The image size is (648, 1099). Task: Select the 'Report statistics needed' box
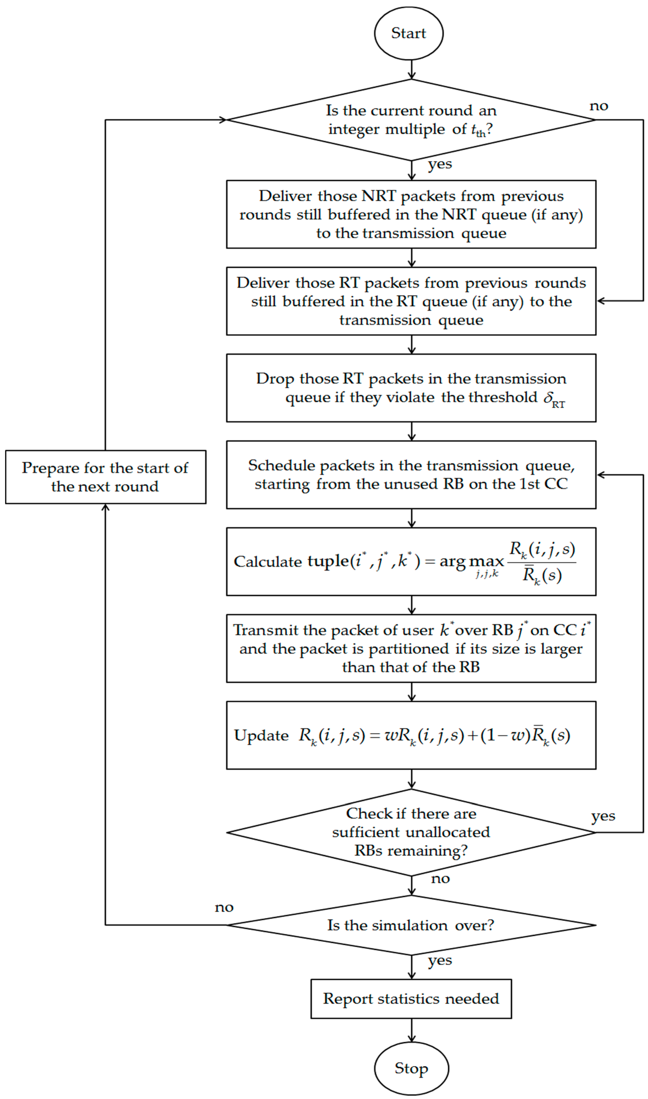point(411,999)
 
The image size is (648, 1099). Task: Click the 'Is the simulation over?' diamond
point(411,925)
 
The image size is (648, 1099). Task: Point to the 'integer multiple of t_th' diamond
point(411,120)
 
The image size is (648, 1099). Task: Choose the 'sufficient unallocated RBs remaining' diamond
point(411,832)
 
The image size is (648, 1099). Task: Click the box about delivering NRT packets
point(411,214)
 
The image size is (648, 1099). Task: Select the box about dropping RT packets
point(411,388)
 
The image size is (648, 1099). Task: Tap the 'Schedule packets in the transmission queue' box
point(411,474)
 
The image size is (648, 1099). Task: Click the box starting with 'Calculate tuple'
point(411,561)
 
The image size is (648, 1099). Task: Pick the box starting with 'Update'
point(411,735)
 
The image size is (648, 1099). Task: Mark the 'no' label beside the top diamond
point(599,106)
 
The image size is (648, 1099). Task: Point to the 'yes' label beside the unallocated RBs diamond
point(603,816)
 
